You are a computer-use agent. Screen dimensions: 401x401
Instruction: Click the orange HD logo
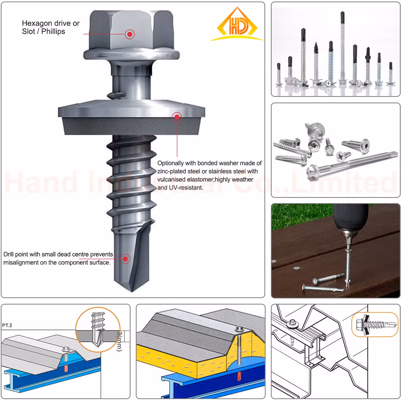pyautogui.click(x=237, y=24)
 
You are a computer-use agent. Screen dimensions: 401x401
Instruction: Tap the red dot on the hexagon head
pyautogui.click(x=130, y=34)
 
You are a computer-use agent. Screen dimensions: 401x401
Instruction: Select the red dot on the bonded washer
pyautogui.click(x=177, y=117)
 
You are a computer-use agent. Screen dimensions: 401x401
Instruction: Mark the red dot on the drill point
pyautogui.click(x=125, y=259)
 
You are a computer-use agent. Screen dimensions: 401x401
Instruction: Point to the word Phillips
pyautogui.click(x=53, y=31)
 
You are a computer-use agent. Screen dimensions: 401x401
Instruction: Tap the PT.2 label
pyautogui.click(x=7, y=325)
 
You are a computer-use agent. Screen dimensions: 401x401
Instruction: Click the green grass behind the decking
pyautogui.click(x=302, y=215)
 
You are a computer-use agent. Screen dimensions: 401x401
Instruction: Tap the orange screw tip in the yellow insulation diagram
pyautogui.click(x=239, y=376)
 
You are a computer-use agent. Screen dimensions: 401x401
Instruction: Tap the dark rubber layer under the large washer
pyautogui.click(x=131, y=126)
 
